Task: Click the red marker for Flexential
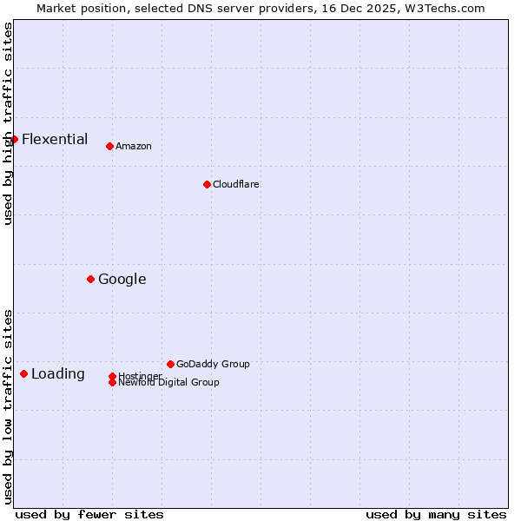coord(14,139)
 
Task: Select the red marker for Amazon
coord(109,146)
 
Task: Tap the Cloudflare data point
coord(207,184)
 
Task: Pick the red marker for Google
coord(90,279)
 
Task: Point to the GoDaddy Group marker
coord(170,364)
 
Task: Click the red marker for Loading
coord(23,373)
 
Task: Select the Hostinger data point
coord(112,376)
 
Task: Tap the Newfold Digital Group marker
coord(112,382)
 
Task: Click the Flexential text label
coord(55,139)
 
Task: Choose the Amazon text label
coord(134,146)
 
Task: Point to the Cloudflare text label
coord(236,184)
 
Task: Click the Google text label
coord(122,279)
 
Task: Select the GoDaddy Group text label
coord(213,364)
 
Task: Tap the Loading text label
coord(58,374)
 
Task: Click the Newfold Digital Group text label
coord(169,382)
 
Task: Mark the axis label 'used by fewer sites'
coord(89,514)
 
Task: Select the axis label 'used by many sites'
coord(436,514)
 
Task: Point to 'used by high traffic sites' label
coord(8,123)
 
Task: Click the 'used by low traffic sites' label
coord(8,406)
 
